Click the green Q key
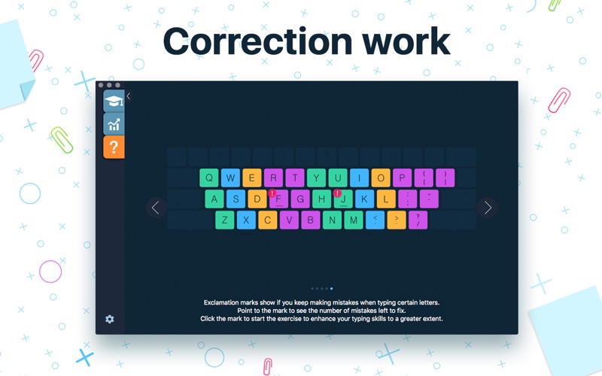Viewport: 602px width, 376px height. (209, 178)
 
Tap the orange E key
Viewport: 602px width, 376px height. (252, 178)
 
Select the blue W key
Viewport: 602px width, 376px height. (230, 178)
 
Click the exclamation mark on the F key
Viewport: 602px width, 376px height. (272, 193)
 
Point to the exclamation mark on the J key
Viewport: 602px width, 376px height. (337, 193)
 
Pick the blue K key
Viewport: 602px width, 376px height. (364, 199)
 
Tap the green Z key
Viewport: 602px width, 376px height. (224, 220)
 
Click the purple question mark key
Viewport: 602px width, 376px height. (418, 220)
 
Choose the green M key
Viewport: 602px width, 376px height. (354, 220)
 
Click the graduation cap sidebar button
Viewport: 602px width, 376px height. (114, 102)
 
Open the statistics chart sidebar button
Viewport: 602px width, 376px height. (114, 124)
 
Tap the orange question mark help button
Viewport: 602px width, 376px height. (114, 147)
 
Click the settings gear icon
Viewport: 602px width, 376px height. (110, 319)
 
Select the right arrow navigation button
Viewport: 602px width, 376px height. (487, 208)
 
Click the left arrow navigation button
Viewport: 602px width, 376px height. (156, 208)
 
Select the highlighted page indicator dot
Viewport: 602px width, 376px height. (331, 289)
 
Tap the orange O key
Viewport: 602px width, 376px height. (381, 178)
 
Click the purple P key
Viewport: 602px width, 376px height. (403, 178)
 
